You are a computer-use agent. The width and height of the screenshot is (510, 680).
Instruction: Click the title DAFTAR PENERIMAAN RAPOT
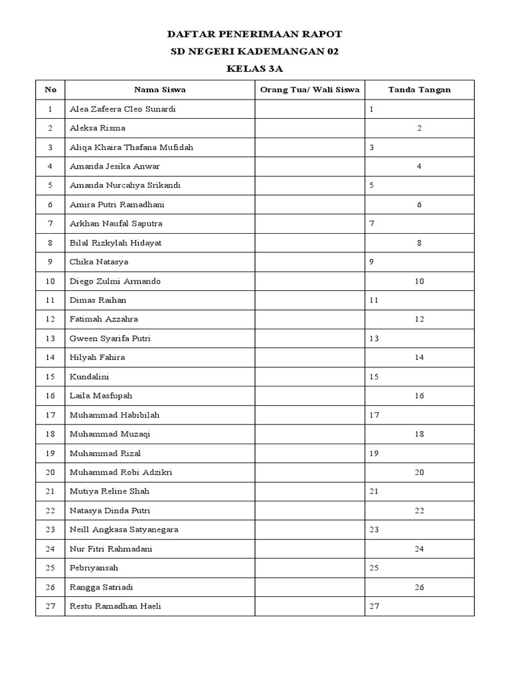point(255,34)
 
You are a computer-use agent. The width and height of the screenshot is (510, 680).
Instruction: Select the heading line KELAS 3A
point(255,68)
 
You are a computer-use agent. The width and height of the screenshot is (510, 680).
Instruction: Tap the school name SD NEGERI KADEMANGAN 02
point(255,51)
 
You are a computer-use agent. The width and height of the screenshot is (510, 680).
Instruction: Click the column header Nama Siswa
point(159,90)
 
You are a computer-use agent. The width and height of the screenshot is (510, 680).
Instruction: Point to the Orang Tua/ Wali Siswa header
point(309,90)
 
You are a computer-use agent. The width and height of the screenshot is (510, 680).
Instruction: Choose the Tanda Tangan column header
point(419,90)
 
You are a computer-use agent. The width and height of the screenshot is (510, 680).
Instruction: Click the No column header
point(50,90)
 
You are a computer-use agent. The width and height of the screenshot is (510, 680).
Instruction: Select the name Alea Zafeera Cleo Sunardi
point(123,109)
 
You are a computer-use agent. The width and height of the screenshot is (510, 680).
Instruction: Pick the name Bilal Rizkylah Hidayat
point(116,243)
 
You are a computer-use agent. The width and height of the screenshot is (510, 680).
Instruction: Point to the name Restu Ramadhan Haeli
point(116,606)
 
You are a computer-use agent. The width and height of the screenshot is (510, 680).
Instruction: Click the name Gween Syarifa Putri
point(110,339)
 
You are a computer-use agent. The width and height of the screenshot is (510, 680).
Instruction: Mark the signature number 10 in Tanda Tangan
point(419,282)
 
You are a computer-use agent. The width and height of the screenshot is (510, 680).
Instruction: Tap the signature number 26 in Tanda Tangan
point(419,587)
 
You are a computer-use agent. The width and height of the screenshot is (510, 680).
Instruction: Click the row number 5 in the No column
point(50,185)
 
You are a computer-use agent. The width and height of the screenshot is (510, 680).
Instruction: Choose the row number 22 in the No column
point(50,511)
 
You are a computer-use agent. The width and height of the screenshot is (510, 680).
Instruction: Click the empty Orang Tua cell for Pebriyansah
point(309,568)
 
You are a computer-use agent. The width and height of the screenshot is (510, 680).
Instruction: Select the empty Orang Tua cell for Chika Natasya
point(309,262)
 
